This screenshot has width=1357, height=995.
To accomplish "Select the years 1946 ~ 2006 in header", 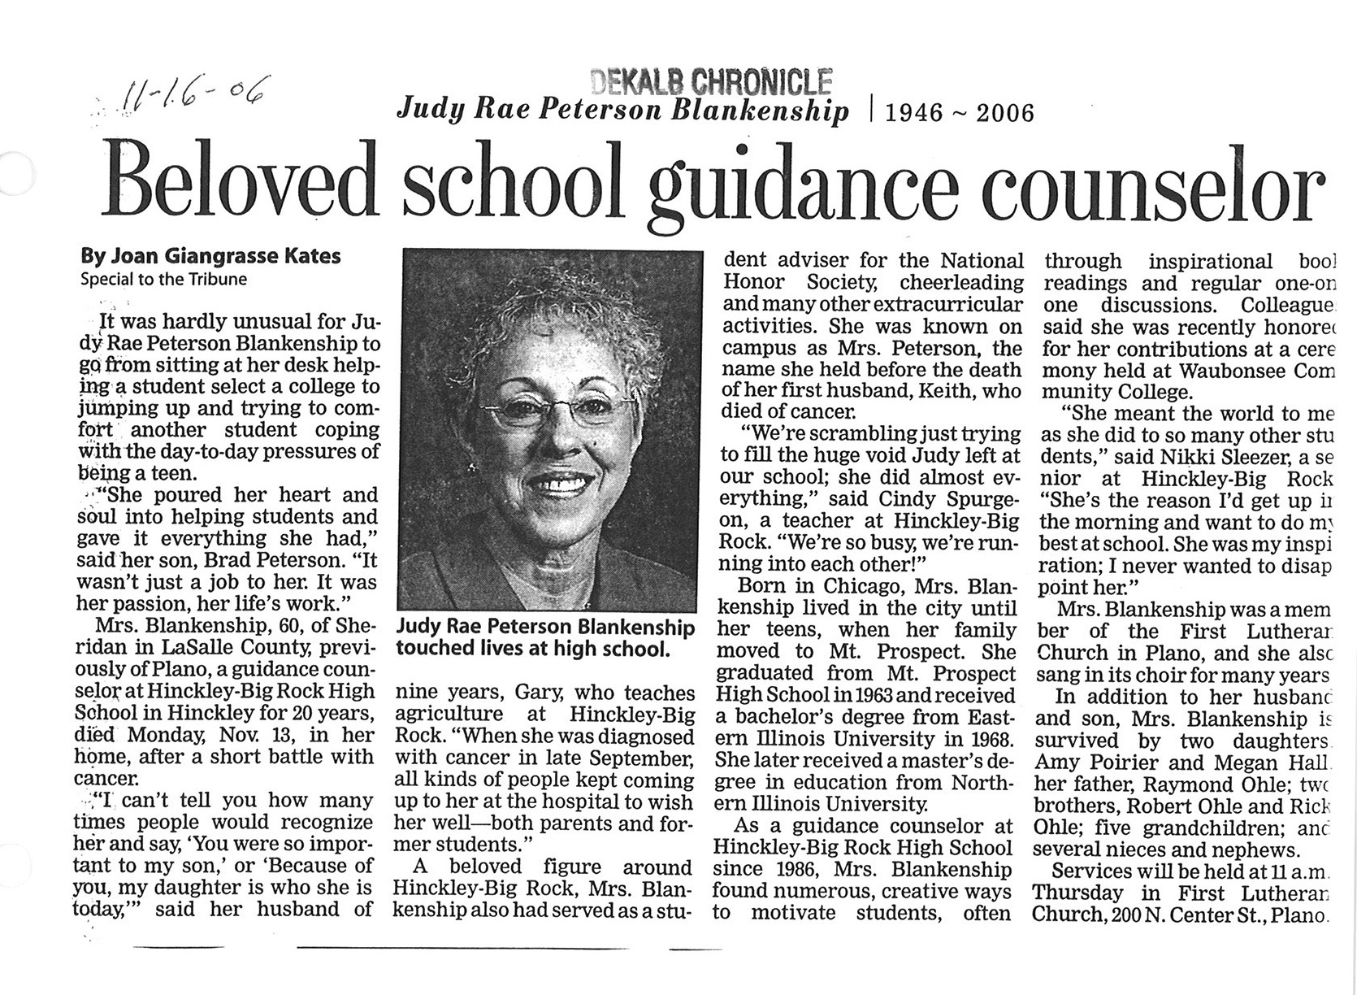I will click(959, 113).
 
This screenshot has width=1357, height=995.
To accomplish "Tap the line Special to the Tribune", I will click(163, 279).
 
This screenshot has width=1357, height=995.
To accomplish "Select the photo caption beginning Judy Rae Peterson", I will click(544, 638).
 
